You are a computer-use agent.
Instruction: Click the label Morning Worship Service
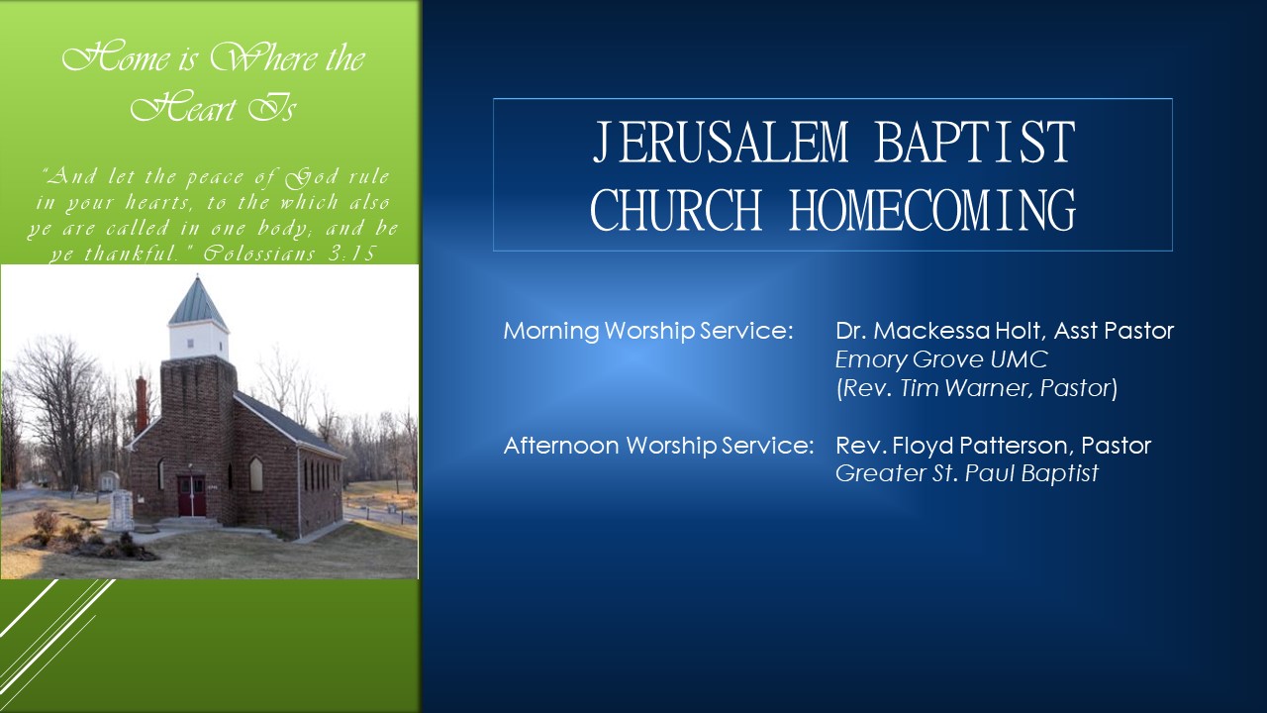pos(648,331)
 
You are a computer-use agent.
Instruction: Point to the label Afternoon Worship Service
pos(658,446)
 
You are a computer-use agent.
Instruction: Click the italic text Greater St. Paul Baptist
pos(966,473)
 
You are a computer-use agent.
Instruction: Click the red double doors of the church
pos(191,495)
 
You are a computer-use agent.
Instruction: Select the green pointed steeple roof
pos(197,302)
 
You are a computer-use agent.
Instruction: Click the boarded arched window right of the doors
pos(256,474)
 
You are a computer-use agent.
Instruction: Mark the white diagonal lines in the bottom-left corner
pos(49,609)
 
